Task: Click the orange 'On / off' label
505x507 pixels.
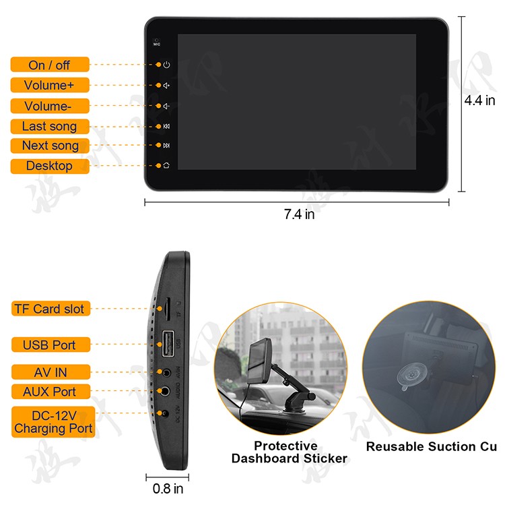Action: tap(49, 65)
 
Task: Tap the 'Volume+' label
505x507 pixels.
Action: tap(49, 86)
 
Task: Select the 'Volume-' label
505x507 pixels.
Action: tap(49, 106)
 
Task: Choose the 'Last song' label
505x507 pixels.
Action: tap(49, 127)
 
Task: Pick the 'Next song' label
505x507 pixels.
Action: tap(49, 146)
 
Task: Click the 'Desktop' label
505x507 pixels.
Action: tap(49, 166)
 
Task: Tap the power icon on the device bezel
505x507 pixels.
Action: tap(166, 65)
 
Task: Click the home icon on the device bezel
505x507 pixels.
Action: tap(166, 165)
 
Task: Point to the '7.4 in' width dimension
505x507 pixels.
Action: tap(299, 214)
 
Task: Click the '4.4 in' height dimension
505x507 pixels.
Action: tap(479, 101)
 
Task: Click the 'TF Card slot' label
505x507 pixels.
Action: tap(49, 309)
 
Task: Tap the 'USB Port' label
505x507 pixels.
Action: tap(49, 345)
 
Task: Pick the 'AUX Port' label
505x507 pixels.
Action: tap(49, 392)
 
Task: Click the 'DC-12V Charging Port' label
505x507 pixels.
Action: tap(53, 422)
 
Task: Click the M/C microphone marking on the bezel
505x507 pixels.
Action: tap(157, 42)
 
